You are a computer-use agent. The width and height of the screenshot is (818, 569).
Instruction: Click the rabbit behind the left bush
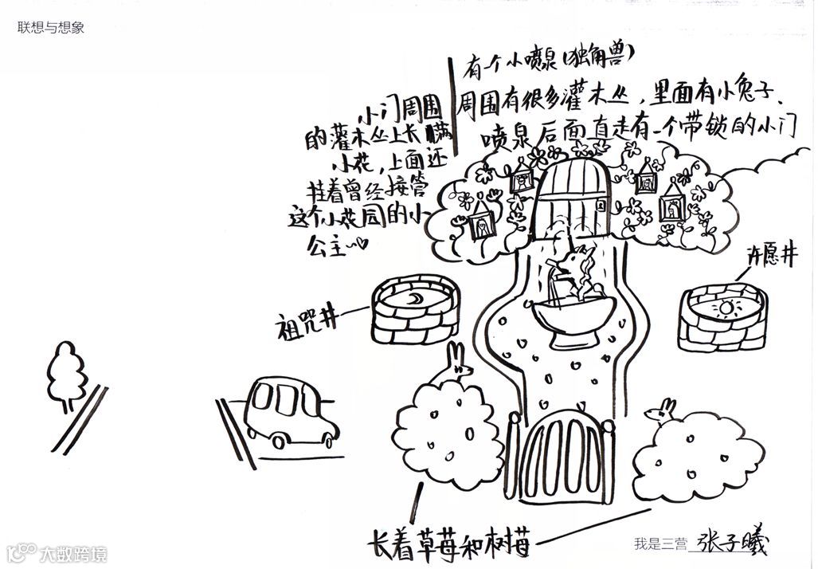click(458, 363)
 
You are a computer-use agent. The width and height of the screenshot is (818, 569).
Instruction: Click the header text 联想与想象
click(51, 27)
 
